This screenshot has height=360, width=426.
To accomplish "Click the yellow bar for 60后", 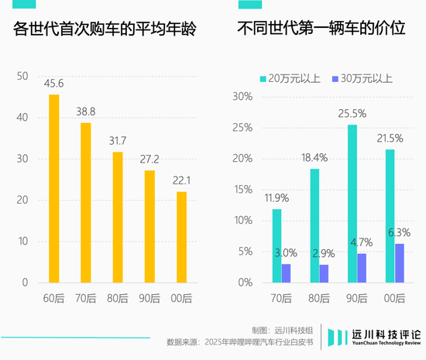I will (x=54, y=188).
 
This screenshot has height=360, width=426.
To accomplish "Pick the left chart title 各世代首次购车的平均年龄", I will (x=105, y=31).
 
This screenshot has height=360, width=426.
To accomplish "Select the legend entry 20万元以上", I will (x=290, y=78).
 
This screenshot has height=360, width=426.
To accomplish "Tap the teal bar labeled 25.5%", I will (x=352, y=204).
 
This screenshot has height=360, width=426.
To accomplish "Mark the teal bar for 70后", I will (x=277, y=245).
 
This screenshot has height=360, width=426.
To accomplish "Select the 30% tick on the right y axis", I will (x=242, y=97).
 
